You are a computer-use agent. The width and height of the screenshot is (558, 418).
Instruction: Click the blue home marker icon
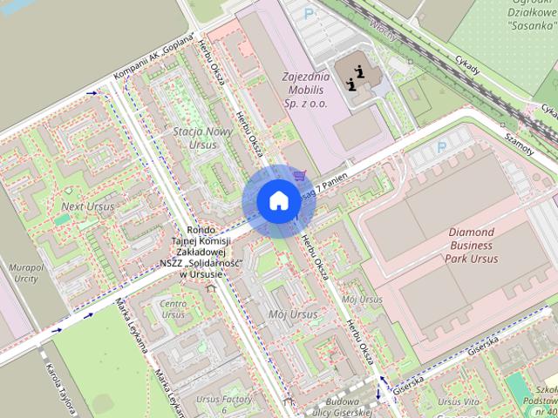tap(277, 201)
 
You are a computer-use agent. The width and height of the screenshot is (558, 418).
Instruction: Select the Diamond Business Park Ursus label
tap(471, 246)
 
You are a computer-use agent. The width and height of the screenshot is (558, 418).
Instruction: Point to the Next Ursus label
tap(87, 206)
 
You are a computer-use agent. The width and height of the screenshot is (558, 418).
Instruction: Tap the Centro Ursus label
tap(173, 308)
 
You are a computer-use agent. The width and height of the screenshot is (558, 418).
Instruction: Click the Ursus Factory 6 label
tap(224, 404)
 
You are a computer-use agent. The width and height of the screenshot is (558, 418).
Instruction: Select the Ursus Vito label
tap(459, 402)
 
